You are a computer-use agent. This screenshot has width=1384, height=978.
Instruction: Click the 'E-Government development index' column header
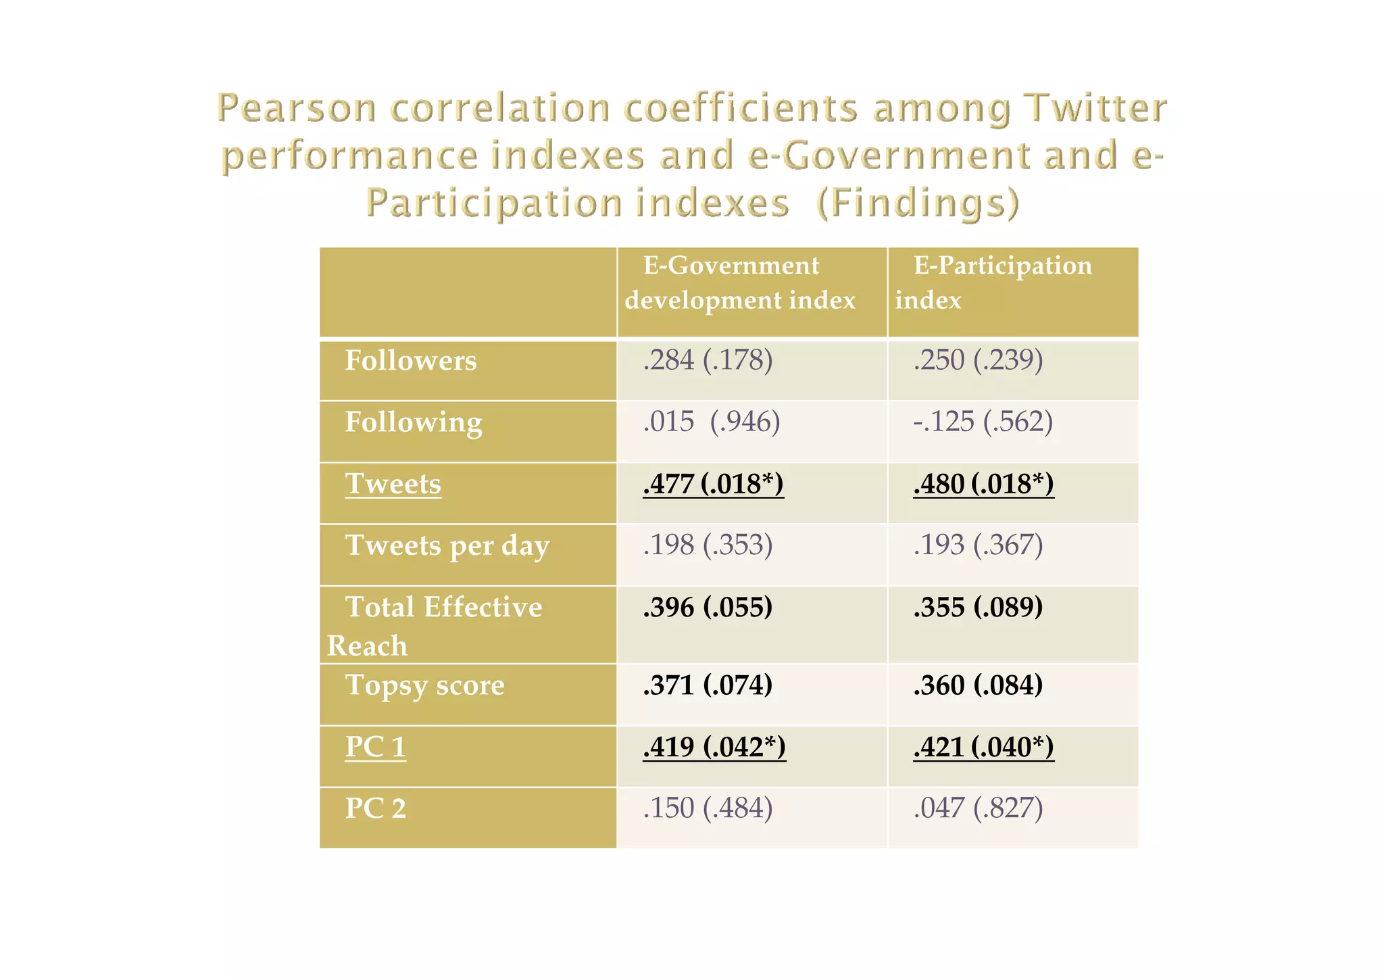click(x=740, y=283)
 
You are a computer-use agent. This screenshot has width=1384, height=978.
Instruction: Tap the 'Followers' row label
click(x=411, y=361)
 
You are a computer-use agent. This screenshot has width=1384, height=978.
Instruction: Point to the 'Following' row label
click(x=414, y=422)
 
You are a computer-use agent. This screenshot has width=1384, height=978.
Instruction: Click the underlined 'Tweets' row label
click(x=393, y=484)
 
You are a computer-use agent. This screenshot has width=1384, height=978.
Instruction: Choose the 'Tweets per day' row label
click(x=447, y=545)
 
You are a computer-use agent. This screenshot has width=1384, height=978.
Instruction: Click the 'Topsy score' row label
click(x=424, y=685)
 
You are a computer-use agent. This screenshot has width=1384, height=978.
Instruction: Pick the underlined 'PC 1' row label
click(x=376, y=747)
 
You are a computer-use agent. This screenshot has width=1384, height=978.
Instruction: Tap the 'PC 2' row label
click(x=376, y=808)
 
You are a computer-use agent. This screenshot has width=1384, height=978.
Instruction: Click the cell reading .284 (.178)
click(x=708, y=360)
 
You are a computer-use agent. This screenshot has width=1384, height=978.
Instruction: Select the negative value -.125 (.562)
click(x=983, y=422)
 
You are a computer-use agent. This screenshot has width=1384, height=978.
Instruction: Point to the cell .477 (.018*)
click(x=713, y=484)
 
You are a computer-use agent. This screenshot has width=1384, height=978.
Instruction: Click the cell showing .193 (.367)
click(x=978, y=545)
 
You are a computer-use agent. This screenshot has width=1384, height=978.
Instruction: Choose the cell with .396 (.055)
click(x=708, y=607)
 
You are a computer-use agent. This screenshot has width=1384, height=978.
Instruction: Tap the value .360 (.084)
click(x=978, y=685)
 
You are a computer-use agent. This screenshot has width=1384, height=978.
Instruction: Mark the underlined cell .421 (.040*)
click(x=983, y=747)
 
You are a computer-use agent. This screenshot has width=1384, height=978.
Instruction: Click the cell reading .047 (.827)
click(x=978, y=808)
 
